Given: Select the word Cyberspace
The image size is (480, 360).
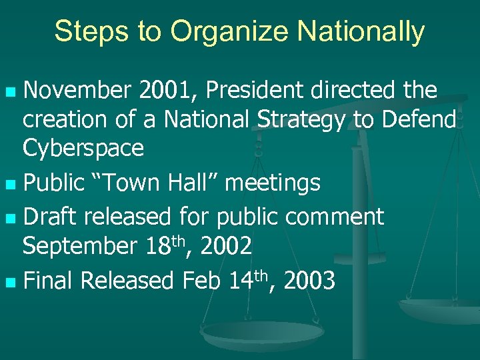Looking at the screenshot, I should click(x=83, y=149).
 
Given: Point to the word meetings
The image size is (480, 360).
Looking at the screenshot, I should click(x=273, y=182).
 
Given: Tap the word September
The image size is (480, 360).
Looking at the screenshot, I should click(x=79, y=246).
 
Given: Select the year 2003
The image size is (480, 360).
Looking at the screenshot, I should click(x=309, y=281).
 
